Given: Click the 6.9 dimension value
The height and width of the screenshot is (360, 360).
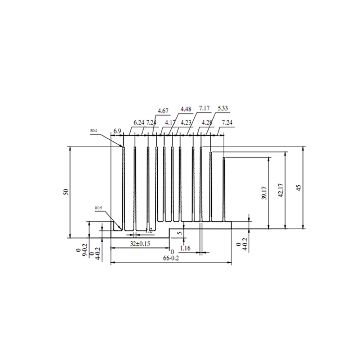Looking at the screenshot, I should (x=117, y=131).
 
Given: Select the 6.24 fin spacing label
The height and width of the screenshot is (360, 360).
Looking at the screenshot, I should (x=139, y=122).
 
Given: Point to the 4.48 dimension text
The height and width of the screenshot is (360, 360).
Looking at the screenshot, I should (x=186, y=109).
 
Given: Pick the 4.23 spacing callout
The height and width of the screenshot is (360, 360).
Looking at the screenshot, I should (x=186, y=122).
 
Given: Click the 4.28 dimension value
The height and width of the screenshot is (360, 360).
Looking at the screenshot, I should (x=207, y=122).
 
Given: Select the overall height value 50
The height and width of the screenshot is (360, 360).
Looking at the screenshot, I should (x=66, y=192).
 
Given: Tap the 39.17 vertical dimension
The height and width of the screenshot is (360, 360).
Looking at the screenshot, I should (x=264, y=193).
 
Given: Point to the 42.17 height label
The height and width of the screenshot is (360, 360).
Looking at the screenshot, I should (x=281, y=190).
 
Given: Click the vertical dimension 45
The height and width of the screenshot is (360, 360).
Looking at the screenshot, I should (x=298, y=187).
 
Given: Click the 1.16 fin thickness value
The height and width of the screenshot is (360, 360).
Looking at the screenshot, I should (x=185, y=248).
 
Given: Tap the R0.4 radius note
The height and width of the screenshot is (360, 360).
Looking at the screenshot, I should (x=94, y=131).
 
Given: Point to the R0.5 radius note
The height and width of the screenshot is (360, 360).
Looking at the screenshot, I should (x=98, y=208).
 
